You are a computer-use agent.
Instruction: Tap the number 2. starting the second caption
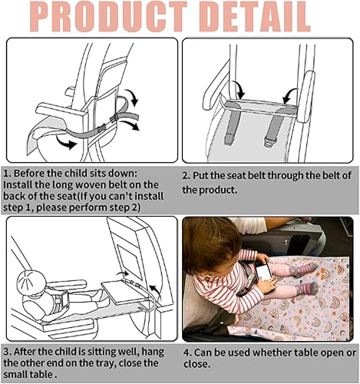click(187, 176)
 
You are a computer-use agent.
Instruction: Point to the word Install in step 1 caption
click(21, 184)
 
